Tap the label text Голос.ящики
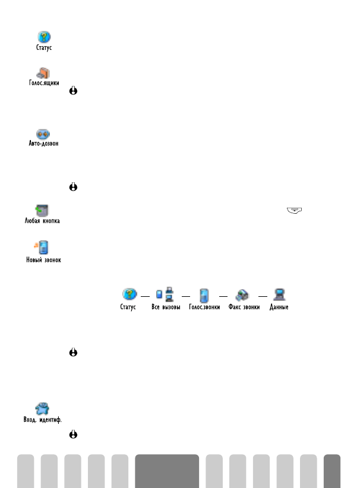pos(44,84)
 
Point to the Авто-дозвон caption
pos(44,144)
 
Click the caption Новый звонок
pos(44,259)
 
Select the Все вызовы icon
pos(163,294)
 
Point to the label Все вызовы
pos(164,308)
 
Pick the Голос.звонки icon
pos(204,294)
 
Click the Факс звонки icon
pos(244,294)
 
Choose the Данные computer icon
pos(279,294)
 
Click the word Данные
pos(279,308)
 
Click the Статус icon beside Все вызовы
pos(129,294)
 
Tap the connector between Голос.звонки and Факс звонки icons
pos(223,295)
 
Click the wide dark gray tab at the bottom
pos(167,470)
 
